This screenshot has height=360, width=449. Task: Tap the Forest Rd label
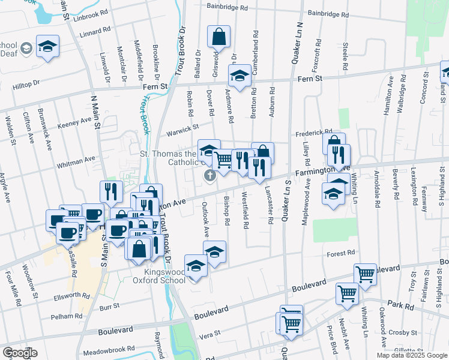[341, 254]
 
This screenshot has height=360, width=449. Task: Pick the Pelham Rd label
[67, 316]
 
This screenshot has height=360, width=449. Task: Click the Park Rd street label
[400, 305]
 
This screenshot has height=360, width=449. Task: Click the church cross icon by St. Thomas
[209, 175]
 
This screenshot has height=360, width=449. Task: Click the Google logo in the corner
[20, 353]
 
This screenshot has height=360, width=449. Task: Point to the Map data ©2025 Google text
[412, 355]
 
